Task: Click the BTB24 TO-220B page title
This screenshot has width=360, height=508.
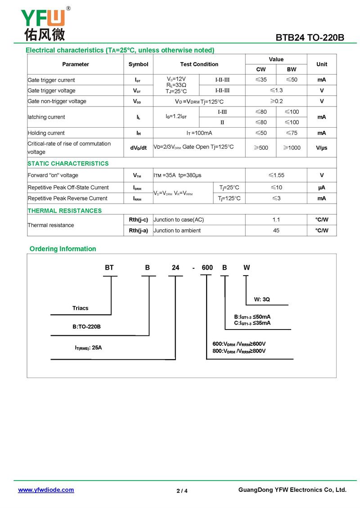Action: click(310, 38)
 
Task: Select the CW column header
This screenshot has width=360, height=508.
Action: click(261, 69)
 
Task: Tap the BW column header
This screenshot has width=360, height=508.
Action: click(292, 69)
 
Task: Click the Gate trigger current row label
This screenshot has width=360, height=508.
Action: click(51, 80)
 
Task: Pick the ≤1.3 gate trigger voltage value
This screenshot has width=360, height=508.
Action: click(276, 90)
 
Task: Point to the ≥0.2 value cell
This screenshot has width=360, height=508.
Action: click(276, 101)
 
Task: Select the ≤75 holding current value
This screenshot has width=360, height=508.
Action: click(292, 133)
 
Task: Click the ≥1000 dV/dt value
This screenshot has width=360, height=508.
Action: click(292, 147)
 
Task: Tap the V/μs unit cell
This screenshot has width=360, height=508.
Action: click(321, 147)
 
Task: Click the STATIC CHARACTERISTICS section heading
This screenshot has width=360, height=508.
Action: click(68, 164)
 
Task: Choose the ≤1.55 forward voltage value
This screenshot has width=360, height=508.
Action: click(276, 175)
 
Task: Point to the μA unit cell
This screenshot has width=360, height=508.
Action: click(321, 187)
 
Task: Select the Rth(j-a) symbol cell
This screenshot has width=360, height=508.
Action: click(138, 231)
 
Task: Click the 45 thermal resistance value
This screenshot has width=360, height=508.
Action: click(276, 231)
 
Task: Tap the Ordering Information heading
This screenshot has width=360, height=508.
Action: click(63, 249)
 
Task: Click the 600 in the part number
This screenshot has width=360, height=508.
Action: click(207, 267)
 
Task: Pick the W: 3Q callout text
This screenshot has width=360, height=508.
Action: click(262, 299)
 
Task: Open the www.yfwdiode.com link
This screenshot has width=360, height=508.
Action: click(46, 490)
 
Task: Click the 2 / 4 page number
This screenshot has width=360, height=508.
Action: click(182, 490)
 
